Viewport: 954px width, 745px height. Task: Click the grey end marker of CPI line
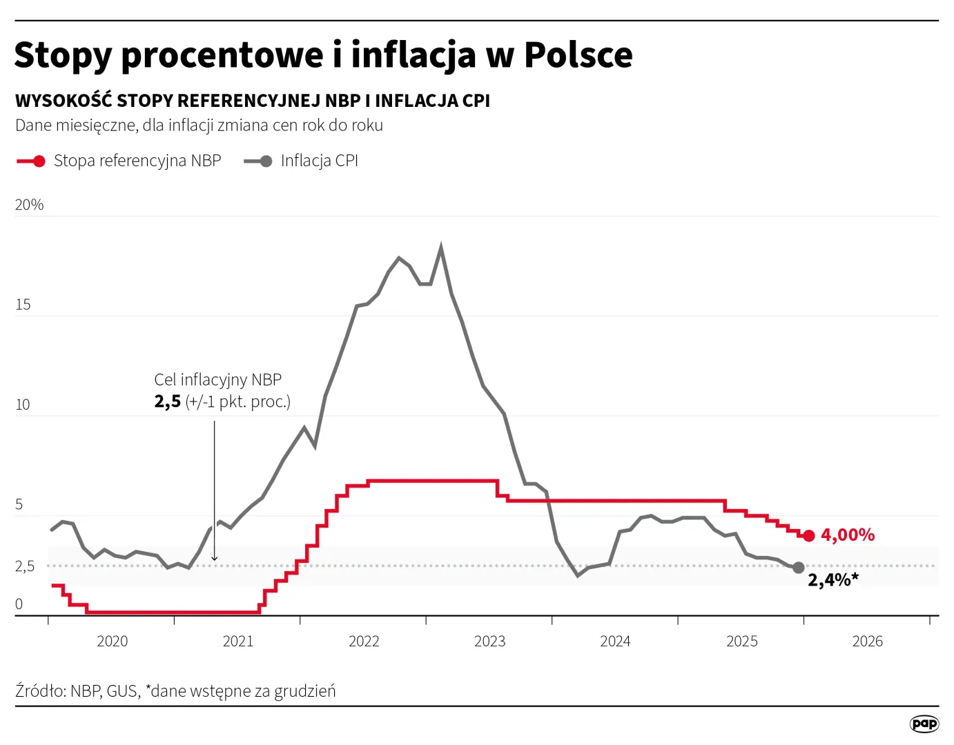click(x=799, y=568)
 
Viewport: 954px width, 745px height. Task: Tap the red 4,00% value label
click(x=847, y=535)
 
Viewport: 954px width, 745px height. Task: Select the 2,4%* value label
click(x=833, y=580)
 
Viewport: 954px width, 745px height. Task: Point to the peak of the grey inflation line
click(x=441, y=247)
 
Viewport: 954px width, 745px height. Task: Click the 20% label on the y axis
click(x=30, y=205)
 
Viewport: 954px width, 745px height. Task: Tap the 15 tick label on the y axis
click(x=23, y=305)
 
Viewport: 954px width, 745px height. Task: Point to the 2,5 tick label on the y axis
click(x=25, y=566)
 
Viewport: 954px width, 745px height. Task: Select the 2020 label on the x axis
click(x=112, y=642)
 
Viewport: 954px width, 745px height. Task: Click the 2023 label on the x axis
click(x=489, y=642)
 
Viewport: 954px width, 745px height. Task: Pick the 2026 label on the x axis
click(x=867, y=642)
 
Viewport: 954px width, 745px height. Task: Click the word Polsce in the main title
click(x=578, y=55)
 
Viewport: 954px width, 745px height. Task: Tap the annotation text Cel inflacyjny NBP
click(x=217, y=380)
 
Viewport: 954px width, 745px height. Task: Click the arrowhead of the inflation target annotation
click(x=215, y=558)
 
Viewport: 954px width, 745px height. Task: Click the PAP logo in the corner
click(x=924, y=724)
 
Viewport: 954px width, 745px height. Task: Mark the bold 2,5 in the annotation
click(x=167, y=402)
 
